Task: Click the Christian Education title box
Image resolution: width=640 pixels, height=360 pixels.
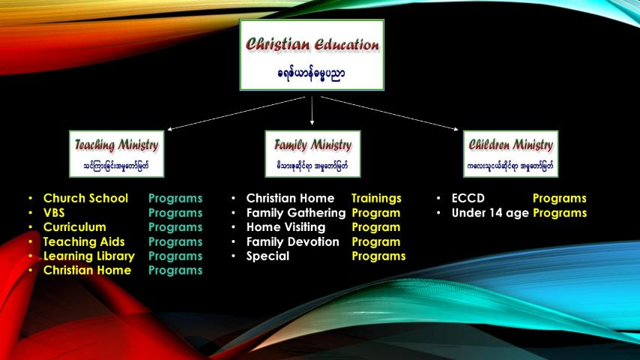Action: point(312,55)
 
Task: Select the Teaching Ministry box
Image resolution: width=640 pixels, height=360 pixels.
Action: point(117,154)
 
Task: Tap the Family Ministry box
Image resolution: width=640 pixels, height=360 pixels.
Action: point(313,154)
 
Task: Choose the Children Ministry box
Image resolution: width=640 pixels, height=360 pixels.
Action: point(510,154)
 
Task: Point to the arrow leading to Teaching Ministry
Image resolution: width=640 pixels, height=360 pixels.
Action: point(236,113)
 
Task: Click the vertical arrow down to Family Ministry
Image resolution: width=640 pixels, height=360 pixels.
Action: point(313,111)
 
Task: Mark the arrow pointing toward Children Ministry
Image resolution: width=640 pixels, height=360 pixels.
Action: point(390,113)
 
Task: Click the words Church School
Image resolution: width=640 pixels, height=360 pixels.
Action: point(85,198)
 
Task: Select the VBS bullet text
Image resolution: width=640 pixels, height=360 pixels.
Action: point(54,213)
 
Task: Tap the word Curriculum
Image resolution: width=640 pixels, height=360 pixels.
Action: point(75,227)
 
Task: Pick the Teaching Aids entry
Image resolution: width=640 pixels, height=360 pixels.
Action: point(84,242)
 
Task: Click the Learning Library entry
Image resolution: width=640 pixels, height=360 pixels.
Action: point(89,256)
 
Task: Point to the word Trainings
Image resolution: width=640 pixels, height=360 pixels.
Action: point(376,199)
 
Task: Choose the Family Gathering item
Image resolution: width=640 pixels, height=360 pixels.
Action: point(296,213)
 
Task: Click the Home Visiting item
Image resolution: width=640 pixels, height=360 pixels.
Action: point(286,227)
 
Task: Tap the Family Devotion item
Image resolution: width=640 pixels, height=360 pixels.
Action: point(293,242)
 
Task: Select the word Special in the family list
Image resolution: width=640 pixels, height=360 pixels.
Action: point(268,256)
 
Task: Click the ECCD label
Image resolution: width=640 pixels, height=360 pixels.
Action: point(468,198)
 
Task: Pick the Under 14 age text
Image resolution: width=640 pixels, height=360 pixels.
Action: point(490,213)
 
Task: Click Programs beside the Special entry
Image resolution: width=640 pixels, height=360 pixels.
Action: point(378,256)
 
